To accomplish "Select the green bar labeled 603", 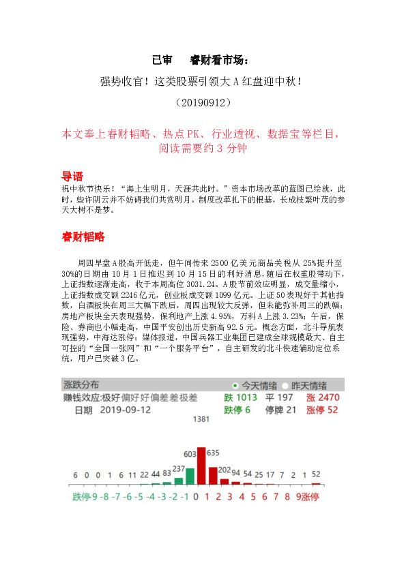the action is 190,476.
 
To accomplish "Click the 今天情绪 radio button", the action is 235,384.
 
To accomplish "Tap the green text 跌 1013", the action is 240,397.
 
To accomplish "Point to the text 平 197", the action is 279,397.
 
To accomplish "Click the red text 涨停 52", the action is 322,410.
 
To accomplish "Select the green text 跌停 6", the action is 237,410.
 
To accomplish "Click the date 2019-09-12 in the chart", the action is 128,410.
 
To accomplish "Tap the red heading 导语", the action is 72,176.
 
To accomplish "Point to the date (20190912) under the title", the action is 203,103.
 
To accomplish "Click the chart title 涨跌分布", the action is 85,384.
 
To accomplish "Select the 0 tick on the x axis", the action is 196,497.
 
